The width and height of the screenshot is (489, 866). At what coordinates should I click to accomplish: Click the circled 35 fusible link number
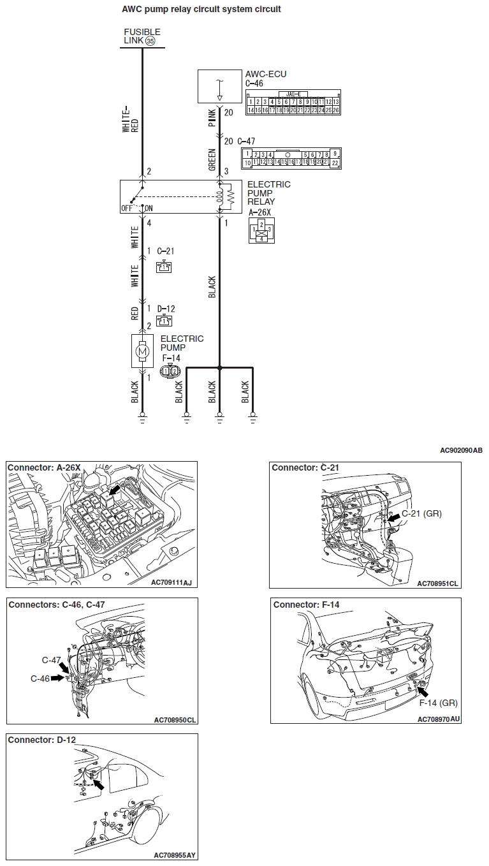[150, 41]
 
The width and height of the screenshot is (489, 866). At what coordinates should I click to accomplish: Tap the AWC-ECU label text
[265, 75]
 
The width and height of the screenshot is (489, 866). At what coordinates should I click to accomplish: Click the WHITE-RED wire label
[130, 120]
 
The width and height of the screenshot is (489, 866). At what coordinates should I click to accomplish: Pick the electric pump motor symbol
[143, 350]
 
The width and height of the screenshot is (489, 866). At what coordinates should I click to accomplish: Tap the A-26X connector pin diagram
[261, 230]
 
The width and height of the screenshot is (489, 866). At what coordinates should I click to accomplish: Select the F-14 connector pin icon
[170, 371]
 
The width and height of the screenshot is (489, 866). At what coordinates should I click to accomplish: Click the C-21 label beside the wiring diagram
[166, 251]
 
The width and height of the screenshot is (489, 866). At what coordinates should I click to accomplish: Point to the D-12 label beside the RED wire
[166, 309]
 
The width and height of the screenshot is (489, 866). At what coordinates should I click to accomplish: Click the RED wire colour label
[135, 313]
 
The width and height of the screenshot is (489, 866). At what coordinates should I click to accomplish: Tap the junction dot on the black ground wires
[219, 368]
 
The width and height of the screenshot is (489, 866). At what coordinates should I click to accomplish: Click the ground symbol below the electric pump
[143, 420]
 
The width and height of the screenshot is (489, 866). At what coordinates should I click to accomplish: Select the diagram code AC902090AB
[461, 451]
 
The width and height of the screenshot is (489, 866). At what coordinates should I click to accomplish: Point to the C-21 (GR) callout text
[421, 513]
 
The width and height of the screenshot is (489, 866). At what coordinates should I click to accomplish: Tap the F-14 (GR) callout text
[438, 703]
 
